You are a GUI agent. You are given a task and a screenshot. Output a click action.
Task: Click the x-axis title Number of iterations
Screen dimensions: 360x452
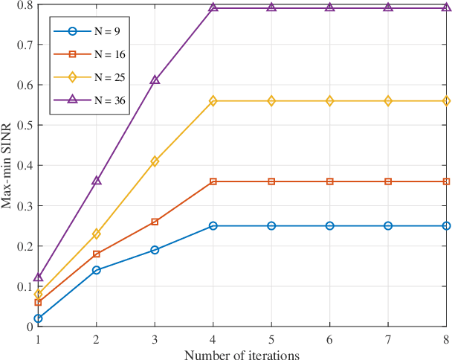click(242, 355)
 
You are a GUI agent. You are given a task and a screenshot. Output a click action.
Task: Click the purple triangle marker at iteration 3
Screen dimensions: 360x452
click(155, 80)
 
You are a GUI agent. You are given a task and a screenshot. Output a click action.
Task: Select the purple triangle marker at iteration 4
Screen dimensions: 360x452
click(213, 7)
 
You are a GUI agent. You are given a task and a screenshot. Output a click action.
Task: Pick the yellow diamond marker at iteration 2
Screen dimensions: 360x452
click(96, 234)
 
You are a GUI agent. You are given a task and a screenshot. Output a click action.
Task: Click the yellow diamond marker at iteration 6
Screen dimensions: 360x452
click(329, 100)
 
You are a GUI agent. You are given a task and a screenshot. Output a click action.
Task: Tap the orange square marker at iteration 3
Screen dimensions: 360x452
click(155, 222)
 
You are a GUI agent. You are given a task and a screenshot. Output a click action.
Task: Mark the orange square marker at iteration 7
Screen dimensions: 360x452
click(388, 181)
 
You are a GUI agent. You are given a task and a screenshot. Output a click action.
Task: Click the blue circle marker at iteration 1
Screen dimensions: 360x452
click(38, 318)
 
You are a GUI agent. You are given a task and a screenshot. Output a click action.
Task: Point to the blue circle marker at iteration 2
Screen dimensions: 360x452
click(96, 270)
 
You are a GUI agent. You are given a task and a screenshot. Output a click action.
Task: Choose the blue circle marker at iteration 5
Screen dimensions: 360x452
click(271, 225)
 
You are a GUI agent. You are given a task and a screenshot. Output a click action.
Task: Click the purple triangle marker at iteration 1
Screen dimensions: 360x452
click(38, 277)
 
